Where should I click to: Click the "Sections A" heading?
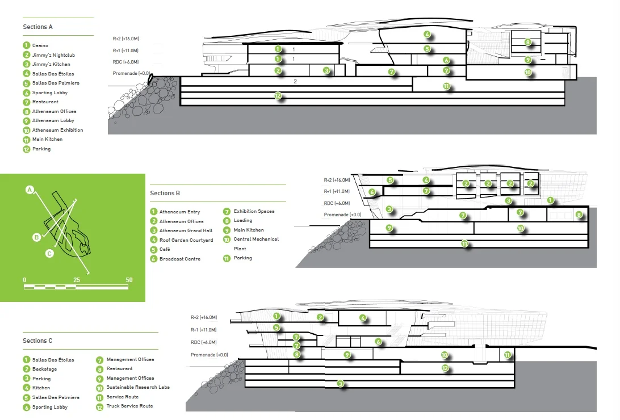37,27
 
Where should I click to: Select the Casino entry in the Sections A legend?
40,45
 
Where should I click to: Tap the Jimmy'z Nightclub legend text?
53,55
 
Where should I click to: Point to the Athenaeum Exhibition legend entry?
57,130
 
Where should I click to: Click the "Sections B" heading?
165,193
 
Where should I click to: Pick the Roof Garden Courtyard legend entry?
186,240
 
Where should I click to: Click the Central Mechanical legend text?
256,240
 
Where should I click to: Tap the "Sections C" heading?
37,341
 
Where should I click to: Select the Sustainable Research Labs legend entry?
138,388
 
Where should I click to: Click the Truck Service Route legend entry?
129,406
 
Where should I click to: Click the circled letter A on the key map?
30,190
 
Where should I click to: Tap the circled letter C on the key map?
49,254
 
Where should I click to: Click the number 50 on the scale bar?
129,280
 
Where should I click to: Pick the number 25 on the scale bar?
77,280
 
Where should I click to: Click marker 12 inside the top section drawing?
278,96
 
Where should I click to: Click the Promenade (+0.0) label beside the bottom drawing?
209,355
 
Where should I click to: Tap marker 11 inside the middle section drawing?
464,243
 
